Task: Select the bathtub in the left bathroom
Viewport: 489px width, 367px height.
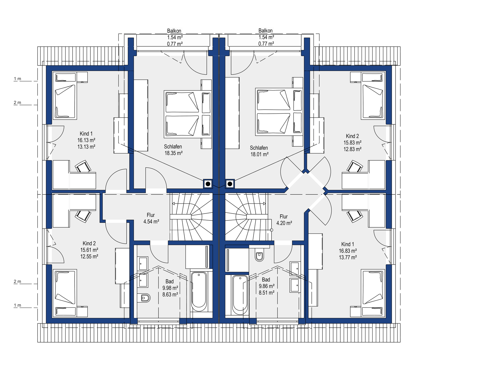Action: pyautogui.click(x=199, y=292)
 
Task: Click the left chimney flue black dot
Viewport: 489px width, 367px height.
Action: pyautogui.click(x=208, y=184)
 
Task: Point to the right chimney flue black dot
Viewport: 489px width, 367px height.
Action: pyautogui.click(x=230, y=184)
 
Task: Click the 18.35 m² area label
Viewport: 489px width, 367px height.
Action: pyautogui.click(x=173, y=153)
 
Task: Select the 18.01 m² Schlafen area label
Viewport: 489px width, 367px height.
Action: pyautogui.click(x=260, y=154)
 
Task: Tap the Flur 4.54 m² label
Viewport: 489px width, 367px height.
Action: pyautogui.click(x=151, y=218)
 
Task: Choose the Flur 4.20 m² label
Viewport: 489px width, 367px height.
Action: pyautogui.click(x=284, y=220)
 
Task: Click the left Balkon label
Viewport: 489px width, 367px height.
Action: pyautogui.click(x=174, y=31)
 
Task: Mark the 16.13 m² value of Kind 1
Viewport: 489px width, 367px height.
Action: pyautogui.click(x=86, y=140)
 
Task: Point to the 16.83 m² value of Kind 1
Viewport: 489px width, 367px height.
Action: pyautogui.click(x=348, y=251)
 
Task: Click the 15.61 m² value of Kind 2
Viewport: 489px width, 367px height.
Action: pyautogui.click(x=89, y=250)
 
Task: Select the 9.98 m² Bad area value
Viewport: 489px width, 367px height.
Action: pyautogui.click(x=170, y=288)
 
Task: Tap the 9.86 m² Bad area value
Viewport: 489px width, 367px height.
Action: pyautogui.click(x=267, y=286)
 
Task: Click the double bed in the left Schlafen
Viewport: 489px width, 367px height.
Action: pyautogui.click(x=188, y=114)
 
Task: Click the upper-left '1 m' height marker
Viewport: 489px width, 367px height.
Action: pyautogui.click(x=18, y=79)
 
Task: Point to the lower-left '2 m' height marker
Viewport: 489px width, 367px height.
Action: pyautogui.click(x=18, y=281)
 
